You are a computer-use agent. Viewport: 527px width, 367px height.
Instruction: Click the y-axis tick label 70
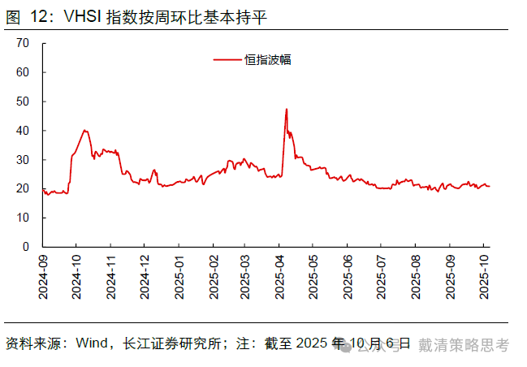tap(24, 43)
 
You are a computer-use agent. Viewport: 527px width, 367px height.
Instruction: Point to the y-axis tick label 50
tap(24, 101)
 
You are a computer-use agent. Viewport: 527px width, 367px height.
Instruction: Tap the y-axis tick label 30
tap(24, 159)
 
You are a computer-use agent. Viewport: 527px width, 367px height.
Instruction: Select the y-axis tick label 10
tap(24, 218)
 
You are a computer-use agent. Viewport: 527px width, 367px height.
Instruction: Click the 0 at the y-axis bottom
tap(27, 247)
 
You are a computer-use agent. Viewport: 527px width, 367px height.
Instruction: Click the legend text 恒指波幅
tap(267, 59)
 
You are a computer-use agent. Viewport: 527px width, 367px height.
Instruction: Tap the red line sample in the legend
tap(227, 59)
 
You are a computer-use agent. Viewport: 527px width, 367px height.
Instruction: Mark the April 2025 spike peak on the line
tap(287, 109)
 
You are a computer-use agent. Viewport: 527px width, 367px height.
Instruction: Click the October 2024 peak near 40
tap(84, 130)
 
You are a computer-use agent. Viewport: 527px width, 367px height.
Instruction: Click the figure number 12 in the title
tap(38, 17)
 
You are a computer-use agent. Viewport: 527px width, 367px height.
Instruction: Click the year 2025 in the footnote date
tap(313, 344)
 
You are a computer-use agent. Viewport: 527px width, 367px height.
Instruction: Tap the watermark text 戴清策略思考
tap(464, 345)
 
